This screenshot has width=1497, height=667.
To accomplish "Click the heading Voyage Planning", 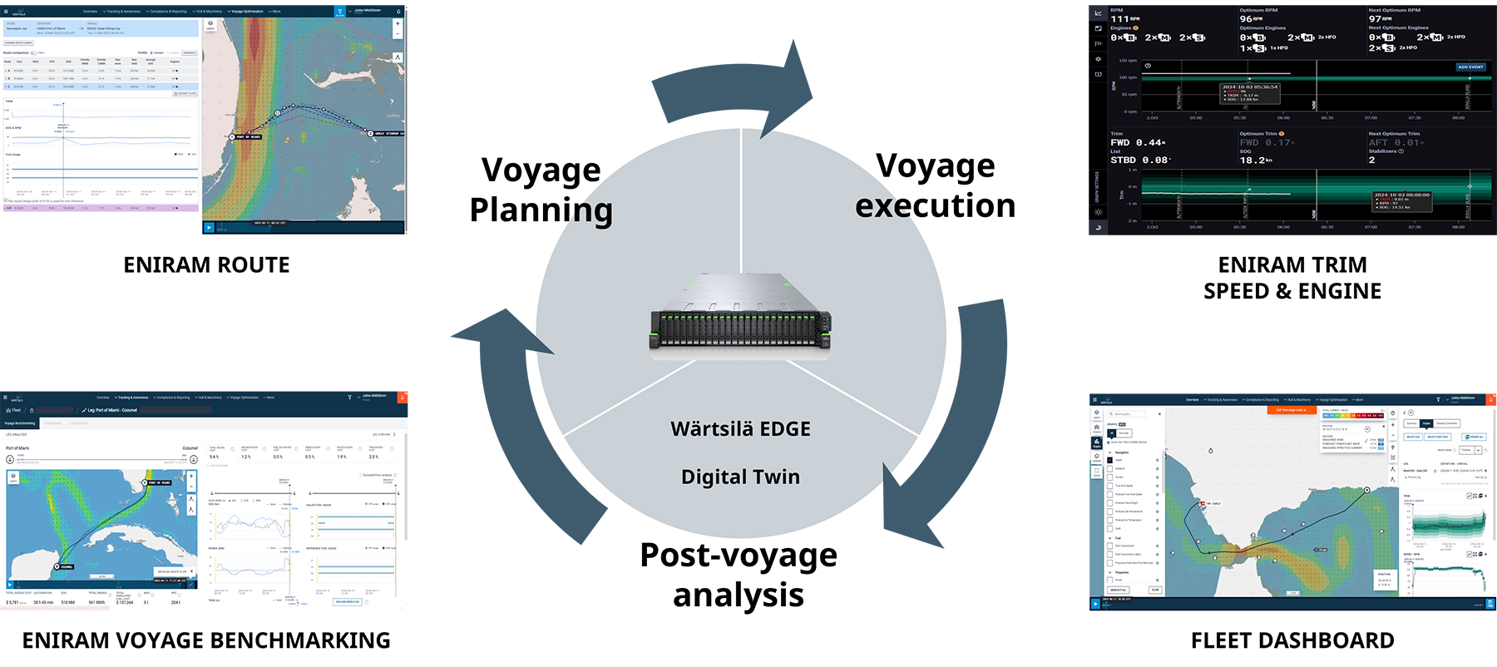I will click(541, 190).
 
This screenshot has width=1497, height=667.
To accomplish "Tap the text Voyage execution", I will click(935, 185).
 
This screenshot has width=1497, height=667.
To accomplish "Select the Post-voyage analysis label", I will click(739, 574).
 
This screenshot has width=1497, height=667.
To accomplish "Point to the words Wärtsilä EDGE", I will click(740, 429).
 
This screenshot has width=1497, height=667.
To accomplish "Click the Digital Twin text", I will click(740, 477).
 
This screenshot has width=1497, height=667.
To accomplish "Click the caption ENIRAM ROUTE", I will click(206, 265).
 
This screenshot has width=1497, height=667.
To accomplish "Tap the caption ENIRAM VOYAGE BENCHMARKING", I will click(206, 640).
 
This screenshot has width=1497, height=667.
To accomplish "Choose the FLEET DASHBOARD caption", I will click(1292, 640).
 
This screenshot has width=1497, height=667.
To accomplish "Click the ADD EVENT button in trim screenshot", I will click(1470, 67).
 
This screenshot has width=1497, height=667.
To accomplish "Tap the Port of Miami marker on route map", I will click(246, 136).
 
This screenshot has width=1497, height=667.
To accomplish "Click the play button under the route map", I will click(209, 227).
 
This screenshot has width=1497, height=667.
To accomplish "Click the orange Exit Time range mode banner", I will click(1292, 410).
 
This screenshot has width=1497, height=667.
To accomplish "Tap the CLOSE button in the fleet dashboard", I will click(1154, 590).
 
